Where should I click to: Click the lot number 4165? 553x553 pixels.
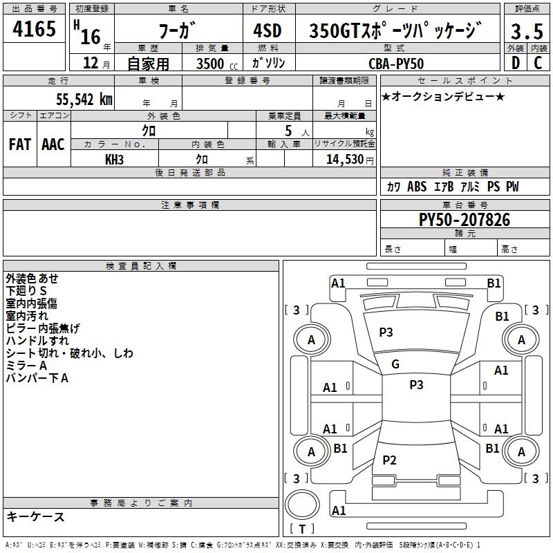tap(35, 30)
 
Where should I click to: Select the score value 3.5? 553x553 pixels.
tap(527, 31)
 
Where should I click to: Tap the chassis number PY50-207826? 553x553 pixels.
tap(465, 220)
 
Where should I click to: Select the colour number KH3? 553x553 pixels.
tap(115, 160)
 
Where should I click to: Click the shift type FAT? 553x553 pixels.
tap(19, 144)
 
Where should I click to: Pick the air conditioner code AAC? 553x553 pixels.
tap(53, 144)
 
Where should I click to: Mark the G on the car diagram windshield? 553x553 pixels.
tap(395, 364)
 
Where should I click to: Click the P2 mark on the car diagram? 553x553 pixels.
tap(390, 460)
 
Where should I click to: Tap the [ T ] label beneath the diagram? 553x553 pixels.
tap(301, 529)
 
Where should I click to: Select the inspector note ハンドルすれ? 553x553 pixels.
tap(37, 340)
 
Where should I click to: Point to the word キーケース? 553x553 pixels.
tap(36, 516)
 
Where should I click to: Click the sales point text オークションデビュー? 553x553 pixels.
tap(443, 96)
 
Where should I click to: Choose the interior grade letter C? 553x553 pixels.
tap(538, 63)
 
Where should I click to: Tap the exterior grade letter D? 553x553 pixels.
tap(516, 63)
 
